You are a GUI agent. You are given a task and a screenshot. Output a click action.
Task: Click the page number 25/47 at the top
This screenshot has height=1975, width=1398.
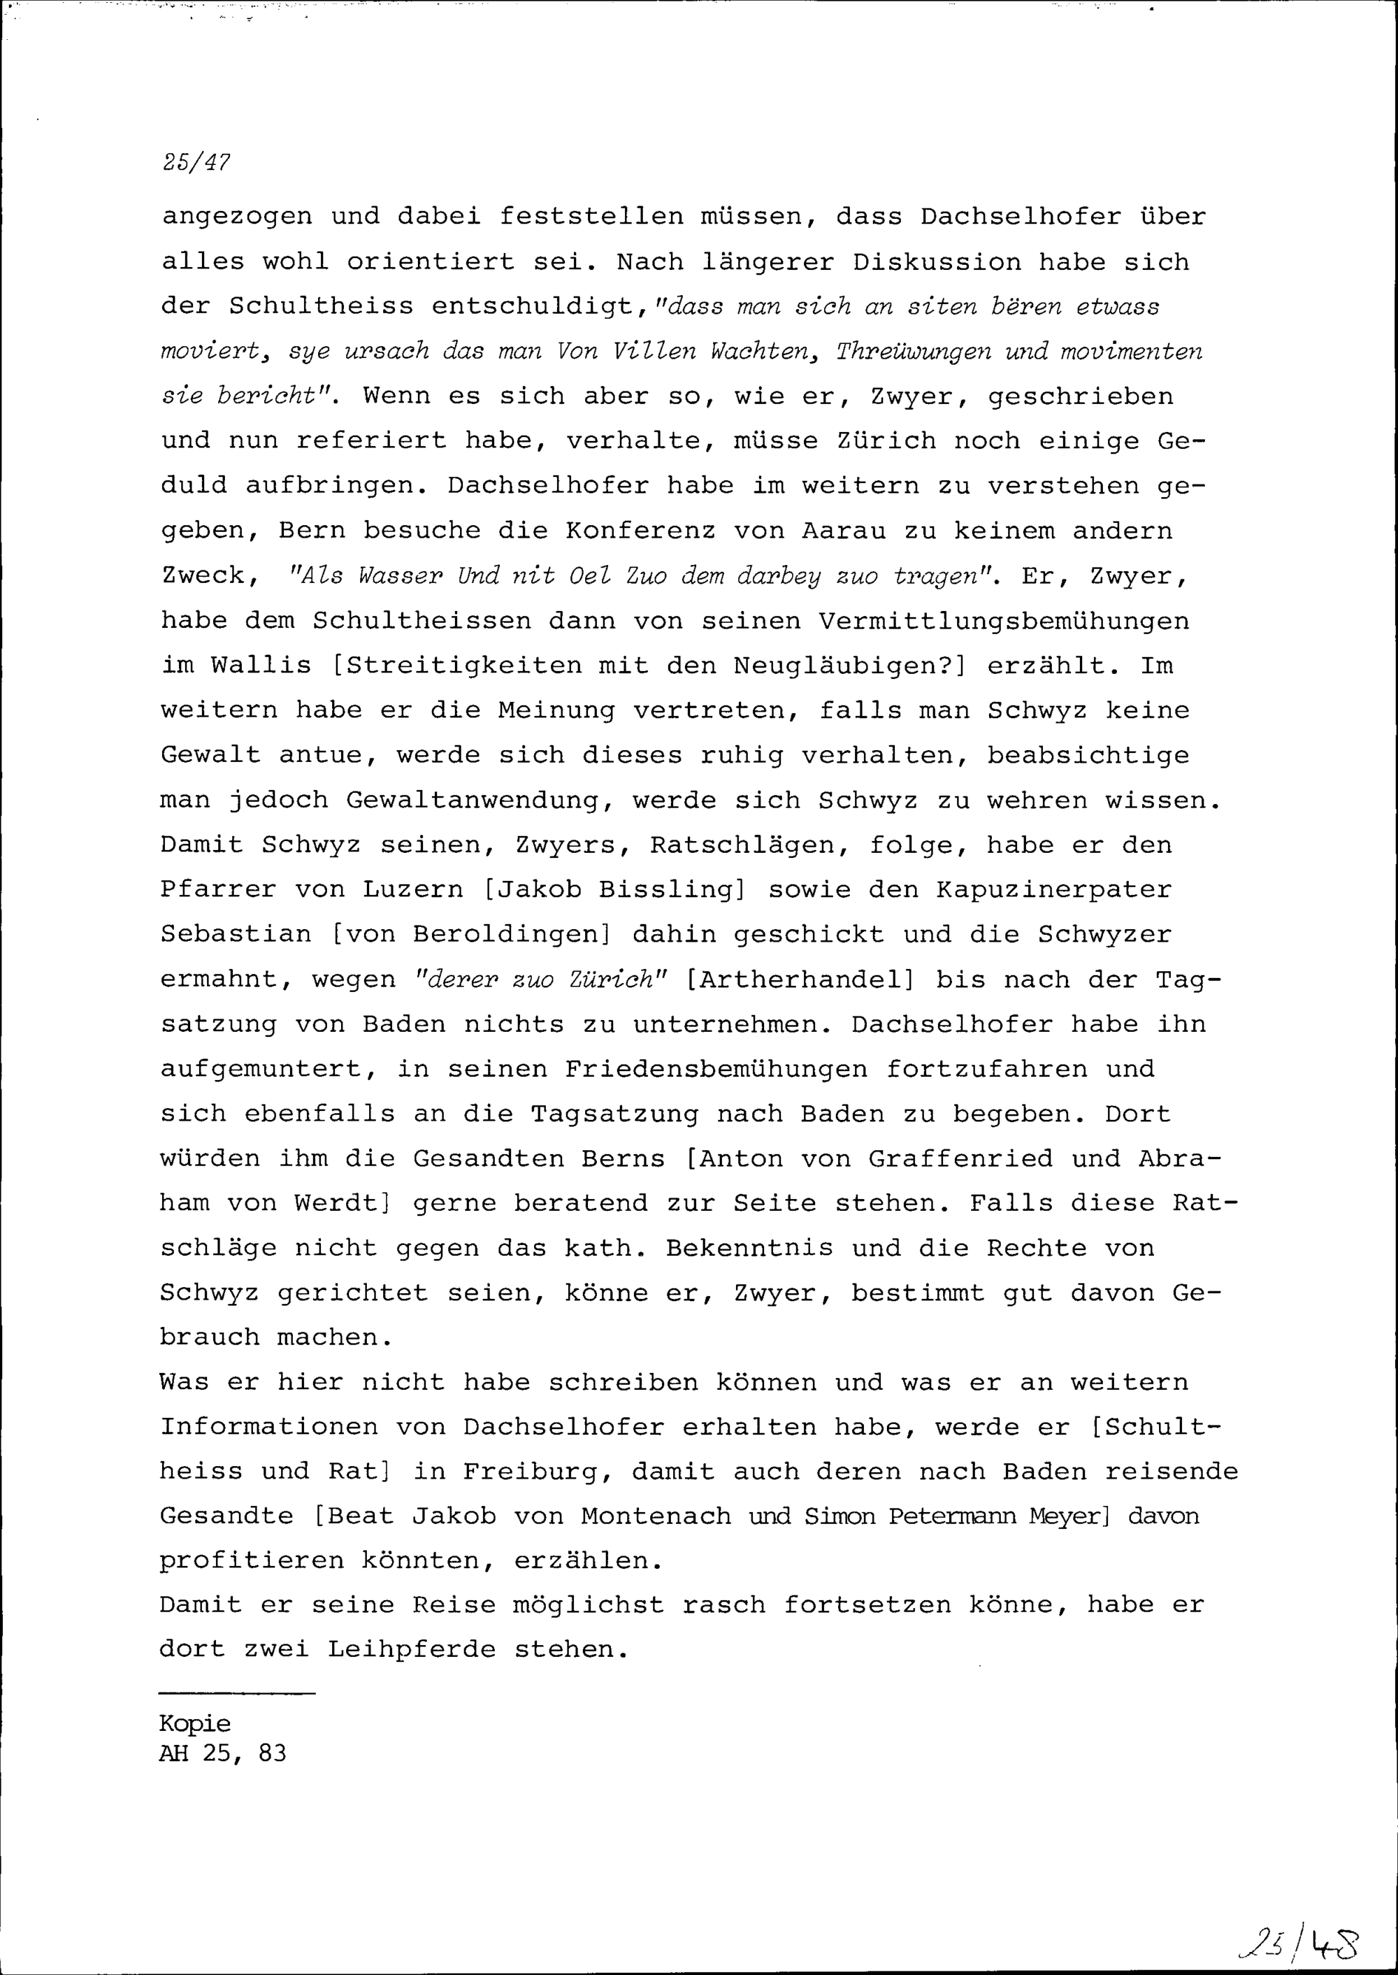196,162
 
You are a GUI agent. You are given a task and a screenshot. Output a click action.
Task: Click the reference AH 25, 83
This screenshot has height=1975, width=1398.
223,1754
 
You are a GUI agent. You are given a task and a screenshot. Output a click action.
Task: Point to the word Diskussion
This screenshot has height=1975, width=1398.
936,261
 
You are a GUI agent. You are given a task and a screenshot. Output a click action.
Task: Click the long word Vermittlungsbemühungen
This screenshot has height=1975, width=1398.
1004,621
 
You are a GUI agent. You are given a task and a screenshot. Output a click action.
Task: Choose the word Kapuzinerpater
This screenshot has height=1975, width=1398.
1055,889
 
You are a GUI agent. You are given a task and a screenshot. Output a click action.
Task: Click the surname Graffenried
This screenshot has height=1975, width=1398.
960,1159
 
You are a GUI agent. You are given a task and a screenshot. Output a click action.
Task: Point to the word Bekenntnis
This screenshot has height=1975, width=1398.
749,1249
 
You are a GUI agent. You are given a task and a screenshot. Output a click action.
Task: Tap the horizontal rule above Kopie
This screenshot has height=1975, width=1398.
237,1695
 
